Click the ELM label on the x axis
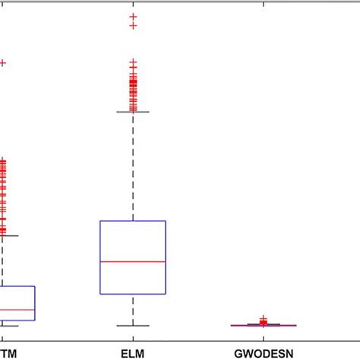132,353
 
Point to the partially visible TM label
7,353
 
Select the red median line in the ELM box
133,261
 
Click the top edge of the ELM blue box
133,221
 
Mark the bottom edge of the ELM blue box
133,293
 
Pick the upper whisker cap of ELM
133,112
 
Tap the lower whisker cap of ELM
133,326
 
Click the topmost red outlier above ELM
133,16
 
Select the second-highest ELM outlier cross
133,26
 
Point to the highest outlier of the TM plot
2,63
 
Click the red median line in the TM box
17,310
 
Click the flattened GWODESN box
264,325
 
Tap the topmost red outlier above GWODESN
264,319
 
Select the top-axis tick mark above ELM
133,3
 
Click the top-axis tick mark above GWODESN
264,3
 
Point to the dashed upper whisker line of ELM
133,167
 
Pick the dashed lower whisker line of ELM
133,310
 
